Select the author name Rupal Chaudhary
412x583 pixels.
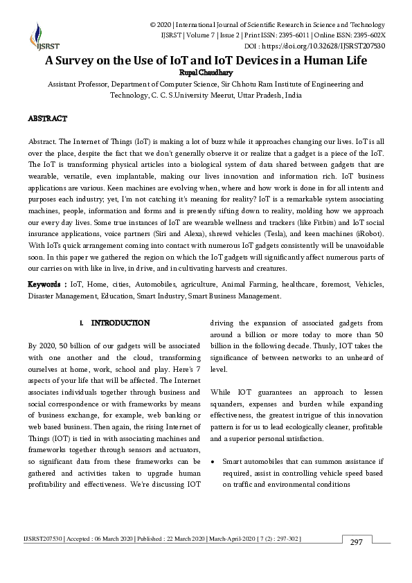coord(206,71)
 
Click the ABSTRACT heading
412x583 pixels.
coord(47,119)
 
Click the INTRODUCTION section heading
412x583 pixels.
coord(120,323)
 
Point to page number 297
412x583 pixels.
coord(356,541)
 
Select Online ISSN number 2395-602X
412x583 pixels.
coord(361,35)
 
